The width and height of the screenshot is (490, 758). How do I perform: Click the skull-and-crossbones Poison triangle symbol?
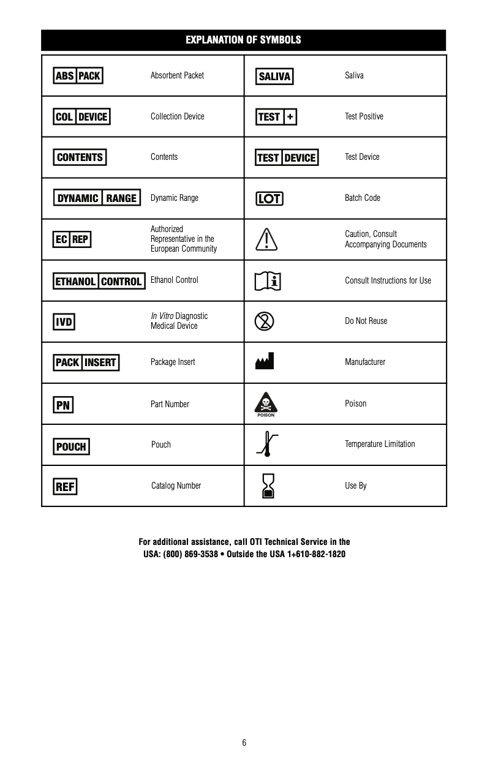(266, 403)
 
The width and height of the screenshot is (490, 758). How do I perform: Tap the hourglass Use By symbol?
(267, 486)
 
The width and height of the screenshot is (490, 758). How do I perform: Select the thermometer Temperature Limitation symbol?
(266, 445)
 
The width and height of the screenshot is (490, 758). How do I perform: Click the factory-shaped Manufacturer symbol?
(265, 361)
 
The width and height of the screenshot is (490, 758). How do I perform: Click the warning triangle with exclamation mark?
(266, 239)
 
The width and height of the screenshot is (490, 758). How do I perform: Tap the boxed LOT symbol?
(269, 198)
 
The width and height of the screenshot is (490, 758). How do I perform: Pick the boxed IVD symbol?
(64, 321)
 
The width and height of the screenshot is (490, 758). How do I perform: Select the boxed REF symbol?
(65, 487)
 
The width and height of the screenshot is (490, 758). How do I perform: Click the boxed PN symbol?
(63, 405)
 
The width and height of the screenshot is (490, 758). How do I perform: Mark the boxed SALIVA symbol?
(274, 77)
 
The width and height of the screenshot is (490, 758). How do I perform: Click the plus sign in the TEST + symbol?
(290, 117)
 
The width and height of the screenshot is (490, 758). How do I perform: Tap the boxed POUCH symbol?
(71, 446)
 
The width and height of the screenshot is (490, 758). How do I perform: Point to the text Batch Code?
(363, 198)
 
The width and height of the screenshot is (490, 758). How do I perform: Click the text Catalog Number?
(176, 486)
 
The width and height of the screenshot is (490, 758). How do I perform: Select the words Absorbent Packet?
(177, 75)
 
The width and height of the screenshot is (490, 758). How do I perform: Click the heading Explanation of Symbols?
(243, 40)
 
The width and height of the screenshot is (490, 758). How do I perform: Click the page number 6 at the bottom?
(244, 743)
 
